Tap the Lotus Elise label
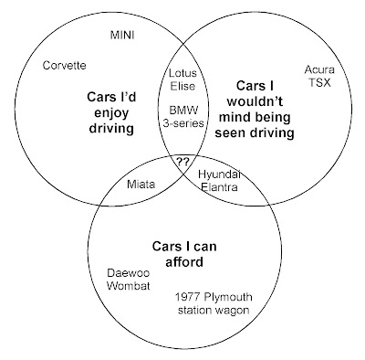(x=183, y=80)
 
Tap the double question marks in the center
(x=182, y=161)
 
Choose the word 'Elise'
(x=183, y=88)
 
